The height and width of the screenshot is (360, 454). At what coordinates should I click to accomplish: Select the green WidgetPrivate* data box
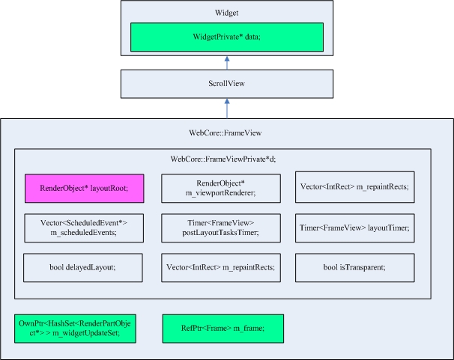[x=226, y=37]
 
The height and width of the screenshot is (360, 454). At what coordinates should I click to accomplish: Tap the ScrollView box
[x=226, y=85]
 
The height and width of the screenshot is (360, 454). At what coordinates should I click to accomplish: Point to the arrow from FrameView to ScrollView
[x=226, y=109]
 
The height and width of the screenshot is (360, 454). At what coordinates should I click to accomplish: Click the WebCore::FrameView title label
[x=226, y=132]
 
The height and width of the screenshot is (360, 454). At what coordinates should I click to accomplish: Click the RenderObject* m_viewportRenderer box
[x=220, y=189]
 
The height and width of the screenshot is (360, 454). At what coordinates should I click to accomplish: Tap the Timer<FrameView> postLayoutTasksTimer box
[x=220, y=228]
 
